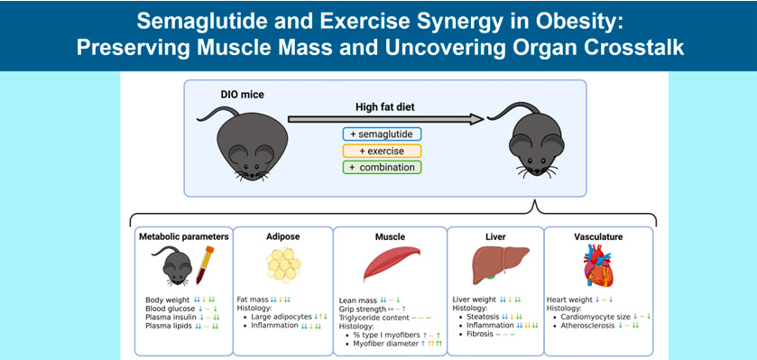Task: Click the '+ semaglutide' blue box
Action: tap(382, 134)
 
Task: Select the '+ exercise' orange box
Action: tap(382, 151)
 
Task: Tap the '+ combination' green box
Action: tap(382, 168)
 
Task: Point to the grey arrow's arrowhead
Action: tap(476, 119)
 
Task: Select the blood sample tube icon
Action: tap(204, 264)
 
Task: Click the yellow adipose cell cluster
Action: tap(283, 264)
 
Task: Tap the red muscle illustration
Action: tap(392, 263)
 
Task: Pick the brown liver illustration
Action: tap(500, 264)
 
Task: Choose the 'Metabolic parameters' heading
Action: tap(184, 237)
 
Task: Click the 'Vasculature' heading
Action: tap(598, 237)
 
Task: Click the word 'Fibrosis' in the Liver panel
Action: tap(479, 334)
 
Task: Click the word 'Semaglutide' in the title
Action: tap(184, 22)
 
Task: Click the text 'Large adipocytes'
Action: tap(282, 317)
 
